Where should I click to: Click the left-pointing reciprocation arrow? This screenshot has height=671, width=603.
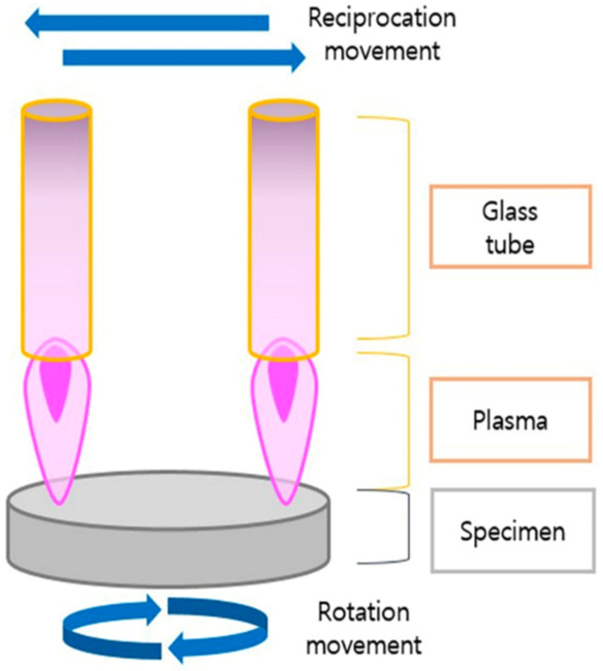coord(147,23)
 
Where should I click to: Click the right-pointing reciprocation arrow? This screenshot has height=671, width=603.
coord(183,58)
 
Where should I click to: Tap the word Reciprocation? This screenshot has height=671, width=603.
coord(382,18)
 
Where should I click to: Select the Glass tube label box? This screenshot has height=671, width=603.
coord(510,227)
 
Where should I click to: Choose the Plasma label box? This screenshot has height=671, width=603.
coord(510,420)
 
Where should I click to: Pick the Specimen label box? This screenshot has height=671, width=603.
coord(513,531)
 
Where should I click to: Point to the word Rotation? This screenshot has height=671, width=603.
coord(364,612)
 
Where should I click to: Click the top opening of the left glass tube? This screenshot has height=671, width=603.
coord(56,110)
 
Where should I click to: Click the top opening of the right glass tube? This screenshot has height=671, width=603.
coord(283,110)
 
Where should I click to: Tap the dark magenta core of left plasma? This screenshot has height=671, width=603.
coord(56,385)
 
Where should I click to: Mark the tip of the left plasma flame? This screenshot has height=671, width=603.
coord(58,503)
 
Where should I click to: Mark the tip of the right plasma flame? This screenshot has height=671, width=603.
coord(285,503)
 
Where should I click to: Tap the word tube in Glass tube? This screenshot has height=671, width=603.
coord(510,245)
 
